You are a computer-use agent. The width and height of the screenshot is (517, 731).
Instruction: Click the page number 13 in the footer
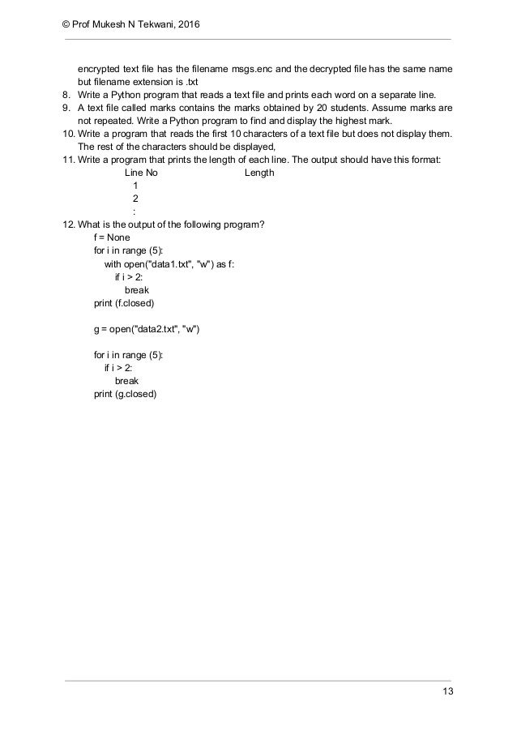(x=448, y=690)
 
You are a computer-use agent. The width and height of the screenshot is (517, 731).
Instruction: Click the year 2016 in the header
(x=187, y=25)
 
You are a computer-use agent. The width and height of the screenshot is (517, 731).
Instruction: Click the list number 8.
(x=67, y=95)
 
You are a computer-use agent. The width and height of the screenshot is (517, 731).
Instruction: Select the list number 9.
(x=67, y=108)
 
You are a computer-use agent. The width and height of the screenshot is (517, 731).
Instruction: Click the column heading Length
(x=259, y=173)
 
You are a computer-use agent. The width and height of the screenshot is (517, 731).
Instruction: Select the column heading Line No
(x=141, y=173)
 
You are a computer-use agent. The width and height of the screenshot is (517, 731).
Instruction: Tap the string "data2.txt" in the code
(x=160, y=328)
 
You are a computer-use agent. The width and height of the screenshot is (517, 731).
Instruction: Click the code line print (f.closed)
(x=124, y=302)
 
